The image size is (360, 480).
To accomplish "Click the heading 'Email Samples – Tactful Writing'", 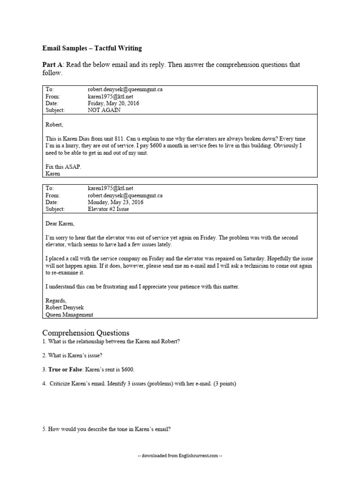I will [92, 48].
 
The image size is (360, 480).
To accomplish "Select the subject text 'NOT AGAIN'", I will [104, 110].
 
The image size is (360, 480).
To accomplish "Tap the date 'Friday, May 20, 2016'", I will [113, 103].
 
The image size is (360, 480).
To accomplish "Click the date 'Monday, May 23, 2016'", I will [115, 202].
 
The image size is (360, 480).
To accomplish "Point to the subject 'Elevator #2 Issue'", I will [108, 209].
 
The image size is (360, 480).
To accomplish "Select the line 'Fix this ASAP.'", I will [60, 166].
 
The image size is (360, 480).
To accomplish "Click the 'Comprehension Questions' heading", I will [86, 332].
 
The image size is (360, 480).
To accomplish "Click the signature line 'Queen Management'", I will [69, 315].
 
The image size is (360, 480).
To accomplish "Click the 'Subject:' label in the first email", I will [55, 110].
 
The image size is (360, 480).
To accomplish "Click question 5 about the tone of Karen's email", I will [110, 428].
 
